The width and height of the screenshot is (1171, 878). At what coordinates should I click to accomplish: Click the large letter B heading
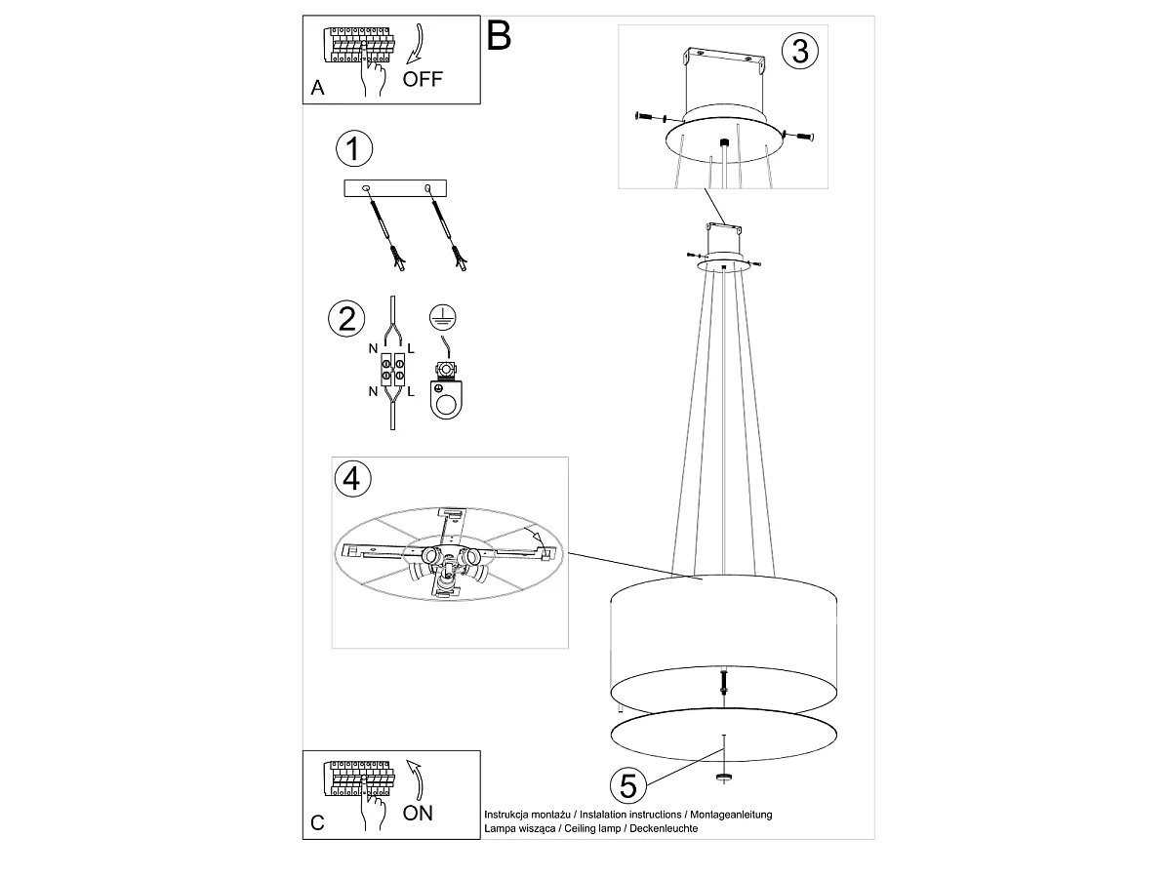499,36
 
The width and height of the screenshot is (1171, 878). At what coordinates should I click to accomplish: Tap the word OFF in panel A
423,80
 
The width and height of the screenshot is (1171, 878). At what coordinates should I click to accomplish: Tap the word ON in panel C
418,813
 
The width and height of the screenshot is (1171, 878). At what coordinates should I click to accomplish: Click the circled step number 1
352,149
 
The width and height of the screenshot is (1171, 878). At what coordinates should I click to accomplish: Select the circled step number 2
346,319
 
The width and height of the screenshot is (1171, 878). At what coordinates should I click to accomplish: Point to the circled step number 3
800,50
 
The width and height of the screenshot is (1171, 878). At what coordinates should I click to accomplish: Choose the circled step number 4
352,478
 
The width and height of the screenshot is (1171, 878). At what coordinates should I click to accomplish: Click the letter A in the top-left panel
317,88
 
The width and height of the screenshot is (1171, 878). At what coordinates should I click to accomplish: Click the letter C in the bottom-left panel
317,823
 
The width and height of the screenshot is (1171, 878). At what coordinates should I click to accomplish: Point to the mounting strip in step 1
395,188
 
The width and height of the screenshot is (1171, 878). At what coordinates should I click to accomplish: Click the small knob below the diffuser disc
723,777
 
